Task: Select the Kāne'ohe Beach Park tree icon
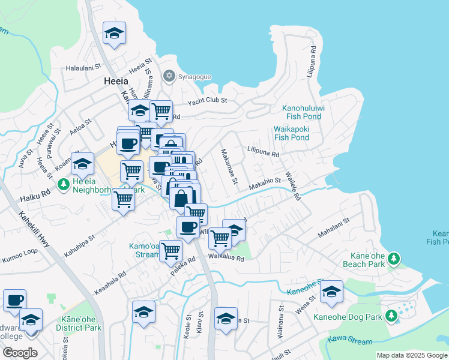tap(393, 259)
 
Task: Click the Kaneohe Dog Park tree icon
tap(391, 315)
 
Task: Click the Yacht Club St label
tap(207, 101)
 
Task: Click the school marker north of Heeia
tap(113, 34)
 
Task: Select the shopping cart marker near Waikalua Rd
tap(220, 238)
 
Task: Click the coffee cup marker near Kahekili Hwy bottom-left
tap(14, 299)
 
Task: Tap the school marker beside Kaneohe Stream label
tap(331, 292)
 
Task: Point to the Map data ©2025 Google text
tap(411, 355)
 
